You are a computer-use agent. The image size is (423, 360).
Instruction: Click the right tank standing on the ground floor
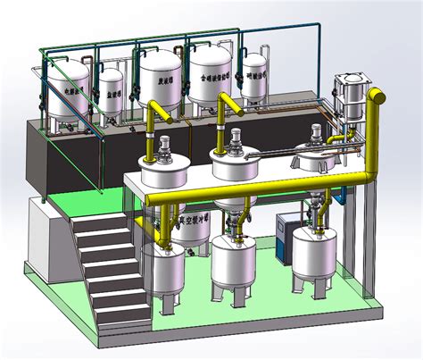[x=317, y=264]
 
